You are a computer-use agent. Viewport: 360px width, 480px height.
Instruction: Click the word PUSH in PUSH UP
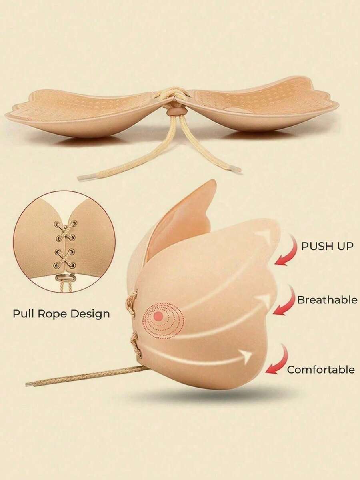pyautogui.click(x=314, y=246)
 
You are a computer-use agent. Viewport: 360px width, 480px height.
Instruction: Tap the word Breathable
pyautogui.click(x=327, y=300)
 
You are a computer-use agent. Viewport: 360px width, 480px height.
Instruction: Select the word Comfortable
pyautogui.click(x=321, y=369)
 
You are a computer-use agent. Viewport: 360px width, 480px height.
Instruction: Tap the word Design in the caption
pyautogui.click(x=91, y=314)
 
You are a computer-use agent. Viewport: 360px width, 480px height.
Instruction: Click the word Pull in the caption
pyautogui.click(x=24, y=314)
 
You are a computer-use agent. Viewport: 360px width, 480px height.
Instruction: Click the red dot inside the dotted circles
pyautogui.click(x=158, y=316)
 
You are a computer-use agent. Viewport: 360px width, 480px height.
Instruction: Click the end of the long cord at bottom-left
pyautogui.click(x=29, y=384)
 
